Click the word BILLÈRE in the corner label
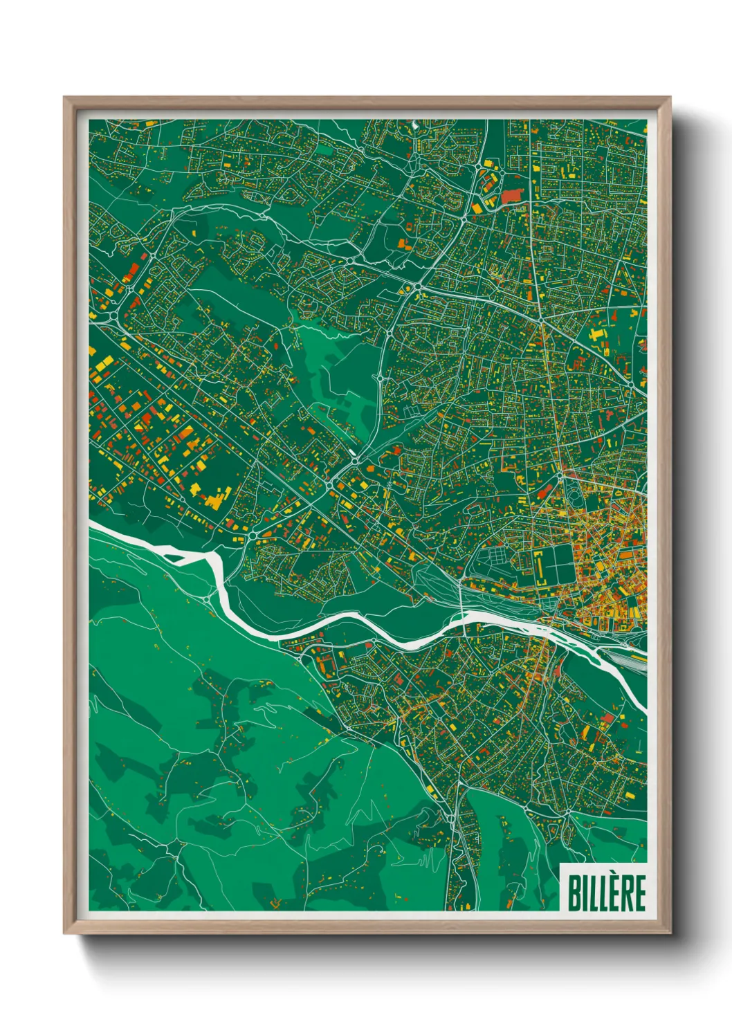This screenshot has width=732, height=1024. (x=606, y=893)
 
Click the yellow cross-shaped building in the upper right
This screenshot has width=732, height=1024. (x=596, y=338)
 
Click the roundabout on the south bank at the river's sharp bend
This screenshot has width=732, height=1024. (x=209, y=598)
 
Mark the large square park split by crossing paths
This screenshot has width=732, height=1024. (x=555, y=565)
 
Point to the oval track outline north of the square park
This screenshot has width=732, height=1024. (x=574, y=499)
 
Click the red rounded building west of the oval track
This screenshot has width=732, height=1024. (x=546, y=493)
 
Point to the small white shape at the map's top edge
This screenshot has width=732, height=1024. (x=413, y=125)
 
